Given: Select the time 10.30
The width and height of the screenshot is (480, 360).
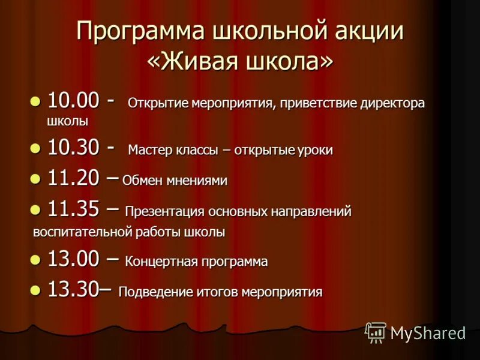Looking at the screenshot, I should point(72,148).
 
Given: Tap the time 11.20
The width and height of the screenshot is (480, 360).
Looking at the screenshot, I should point(72,178).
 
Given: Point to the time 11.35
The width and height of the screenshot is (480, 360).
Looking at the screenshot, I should point(72,209).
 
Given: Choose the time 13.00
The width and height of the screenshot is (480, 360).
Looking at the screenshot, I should point(72,260).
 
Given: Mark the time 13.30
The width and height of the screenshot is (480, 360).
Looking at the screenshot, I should point(72,290).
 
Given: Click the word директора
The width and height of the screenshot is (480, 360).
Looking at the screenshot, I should point(392,103).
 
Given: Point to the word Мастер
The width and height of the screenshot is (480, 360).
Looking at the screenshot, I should point(150,151).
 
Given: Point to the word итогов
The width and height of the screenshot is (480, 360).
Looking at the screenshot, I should point(217,292).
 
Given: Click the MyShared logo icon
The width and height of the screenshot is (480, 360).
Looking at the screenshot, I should point(376,332).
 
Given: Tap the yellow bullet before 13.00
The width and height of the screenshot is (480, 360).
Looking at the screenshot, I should point(35,259).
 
